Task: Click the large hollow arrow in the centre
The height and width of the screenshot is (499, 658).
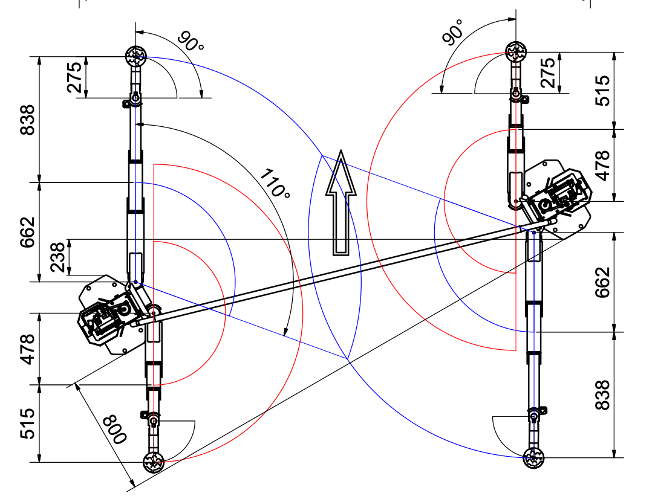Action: point(341,204)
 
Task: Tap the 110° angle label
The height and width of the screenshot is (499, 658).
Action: point(275,183)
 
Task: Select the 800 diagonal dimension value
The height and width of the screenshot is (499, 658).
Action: point(115,429)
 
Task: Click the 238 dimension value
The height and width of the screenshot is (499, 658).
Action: point(58,257)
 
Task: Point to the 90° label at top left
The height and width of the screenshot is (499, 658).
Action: point(191,41)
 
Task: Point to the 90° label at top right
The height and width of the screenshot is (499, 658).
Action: point(453,32)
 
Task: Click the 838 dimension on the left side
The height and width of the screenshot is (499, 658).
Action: point(27,120)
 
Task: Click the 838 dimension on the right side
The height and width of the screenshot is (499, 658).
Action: point(602,395)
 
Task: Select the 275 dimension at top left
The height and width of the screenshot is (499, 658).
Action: point(74,77)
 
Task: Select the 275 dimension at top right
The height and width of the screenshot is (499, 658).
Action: point(548,73)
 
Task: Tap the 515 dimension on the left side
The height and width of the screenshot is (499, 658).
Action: point(27,423)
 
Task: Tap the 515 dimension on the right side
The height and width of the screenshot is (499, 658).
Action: point(602,91)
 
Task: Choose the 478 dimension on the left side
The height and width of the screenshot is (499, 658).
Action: point(27,349)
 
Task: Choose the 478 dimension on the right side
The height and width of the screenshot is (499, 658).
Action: point(602,166)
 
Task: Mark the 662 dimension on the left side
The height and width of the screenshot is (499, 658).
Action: point(27,233)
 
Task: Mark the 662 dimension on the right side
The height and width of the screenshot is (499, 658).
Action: point(602,282)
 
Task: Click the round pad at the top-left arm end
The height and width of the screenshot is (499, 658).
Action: point(136,56)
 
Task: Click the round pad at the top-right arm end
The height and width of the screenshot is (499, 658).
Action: point(516,52)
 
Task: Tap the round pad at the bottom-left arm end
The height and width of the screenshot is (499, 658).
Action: point(154,462)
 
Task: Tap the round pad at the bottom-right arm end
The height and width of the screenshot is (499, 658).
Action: point(534,457)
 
